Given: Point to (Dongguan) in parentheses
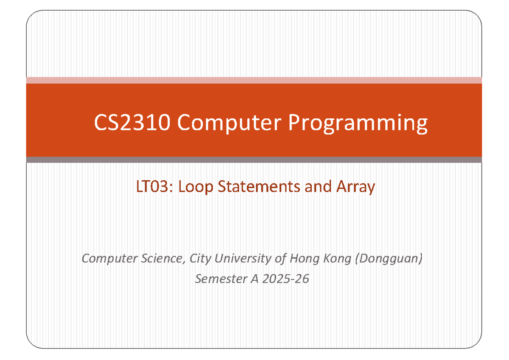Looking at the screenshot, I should [x=387, y=258].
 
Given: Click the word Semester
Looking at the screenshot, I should [x=218, y=279].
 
